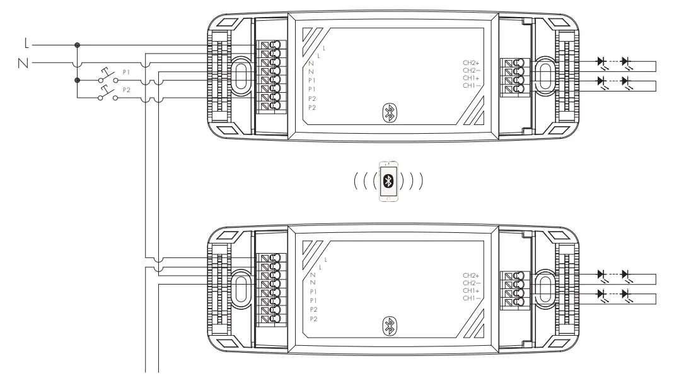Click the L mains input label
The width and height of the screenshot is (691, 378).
[26, 44]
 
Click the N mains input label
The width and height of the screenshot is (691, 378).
[23, 63]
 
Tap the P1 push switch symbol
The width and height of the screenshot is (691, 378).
[108, 76]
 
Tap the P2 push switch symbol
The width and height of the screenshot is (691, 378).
[108, 93]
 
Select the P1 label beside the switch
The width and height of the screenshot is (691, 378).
[127, 73]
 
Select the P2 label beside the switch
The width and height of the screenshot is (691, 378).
[127, 90]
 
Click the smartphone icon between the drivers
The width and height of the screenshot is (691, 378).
[388, 181]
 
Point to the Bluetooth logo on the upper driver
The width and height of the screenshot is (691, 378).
[389, 113]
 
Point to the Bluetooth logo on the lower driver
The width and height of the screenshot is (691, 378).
[389, 326]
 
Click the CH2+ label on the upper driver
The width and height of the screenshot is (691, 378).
[471, 63]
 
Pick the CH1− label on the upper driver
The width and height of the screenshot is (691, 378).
[471, 86]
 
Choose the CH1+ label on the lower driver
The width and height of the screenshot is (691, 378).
[471, 291]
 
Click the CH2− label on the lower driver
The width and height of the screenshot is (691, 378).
[471, 283]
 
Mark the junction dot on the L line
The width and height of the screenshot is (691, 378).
[77, 45]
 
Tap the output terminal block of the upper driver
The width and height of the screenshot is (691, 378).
[514, 76]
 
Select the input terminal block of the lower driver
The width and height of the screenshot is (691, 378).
[271, 290]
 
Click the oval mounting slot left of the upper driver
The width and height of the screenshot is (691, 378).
[240, 76]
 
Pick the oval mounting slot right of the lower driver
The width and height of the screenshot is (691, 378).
[545, 288]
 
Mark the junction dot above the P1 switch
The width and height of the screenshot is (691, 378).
[77, 80]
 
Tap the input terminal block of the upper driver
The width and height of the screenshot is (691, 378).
[271, 76]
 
